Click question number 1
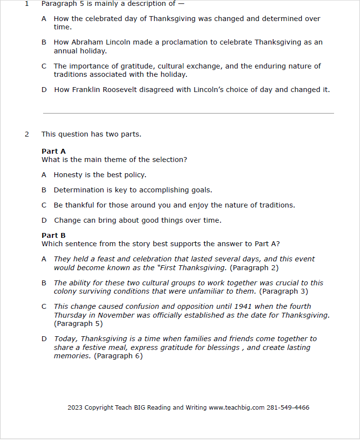pyautogui.click(x=27, y=4)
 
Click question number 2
pyautogui.click(x=27, y=134)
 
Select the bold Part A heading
pyautogui.click(x=53, y=151)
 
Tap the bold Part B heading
pyautogui.click(x=53, y=235)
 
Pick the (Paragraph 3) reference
pyautogui.click(x=284, y=291)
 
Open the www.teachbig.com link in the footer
pyautogui.click(x=237, y=407)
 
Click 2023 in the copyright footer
pyautogui.click(x=75, y=407)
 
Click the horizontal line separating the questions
pyautogui.click(x=188, y=113)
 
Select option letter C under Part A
pyautogui.click(x=44, y=206)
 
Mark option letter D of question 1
pyautogui.click(x=44, y=90)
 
